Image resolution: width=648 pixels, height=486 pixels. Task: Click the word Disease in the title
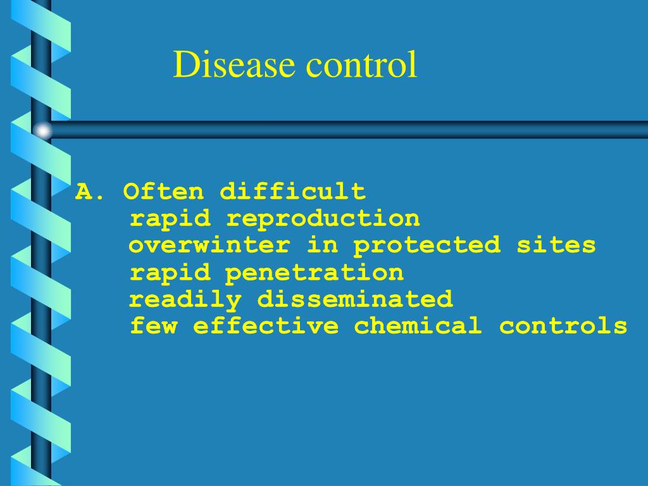click(234, 65)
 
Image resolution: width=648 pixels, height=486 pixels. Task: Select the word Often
click(164, 190)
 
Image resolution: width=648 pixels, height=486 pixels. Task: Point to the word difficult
click(292, 190)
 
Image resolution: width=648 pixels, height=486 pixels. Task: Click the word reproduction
click(323, 218)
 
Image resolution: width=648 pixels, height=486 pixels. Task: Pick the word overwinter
click(209, 245)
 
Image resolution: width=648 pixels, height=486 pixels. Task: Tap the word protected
click(427, 245)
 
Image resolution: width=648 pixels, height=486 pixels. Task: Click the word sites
click(556, 245)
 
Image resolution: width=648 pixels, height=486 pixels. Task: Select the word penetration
click(315, 273)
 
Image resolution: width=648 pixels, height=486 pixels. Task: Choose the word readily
click(185, 299)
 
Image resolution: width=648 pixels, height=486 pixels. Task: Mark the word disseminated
click(355, 299)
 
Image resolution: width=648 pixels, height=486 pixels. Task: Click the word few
click(153, 327)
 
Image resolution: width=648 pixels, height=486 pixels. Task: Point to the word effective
click(266, 327)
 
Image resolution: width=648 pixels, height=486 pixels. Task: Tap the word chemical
click(418, 327)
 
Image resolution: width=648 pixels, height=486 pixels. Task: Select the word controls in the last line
click(563, 327)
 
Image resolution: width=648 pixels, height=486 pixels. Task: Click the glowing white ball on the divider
click(42, 130)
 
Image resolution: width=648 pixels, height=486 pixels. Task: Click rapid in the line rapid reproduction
click(170, 218)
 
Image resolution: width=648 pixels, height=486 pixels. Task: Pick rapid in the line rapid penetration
click(170, 273)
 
